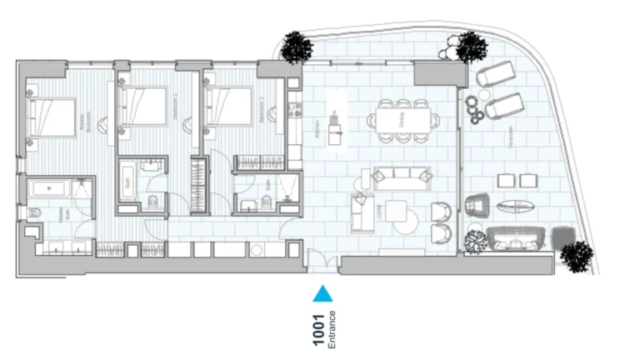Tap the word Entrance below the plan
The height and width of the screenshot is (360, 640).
point(332,329)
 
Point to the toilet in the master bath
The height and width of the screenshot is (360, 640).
point(34,213)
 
